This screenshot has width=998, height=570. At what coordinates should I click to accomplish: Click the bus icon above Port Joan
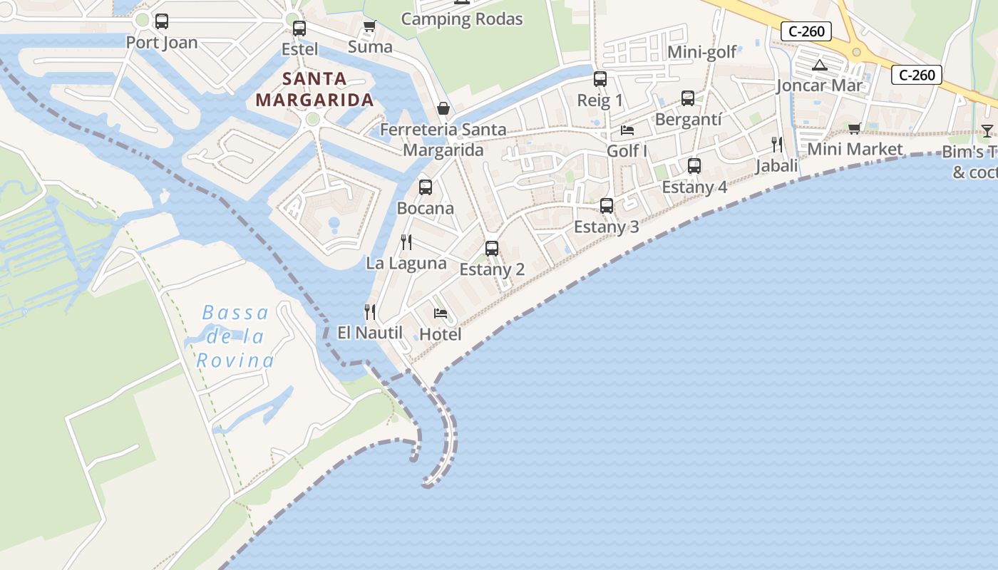[x=162, y=21]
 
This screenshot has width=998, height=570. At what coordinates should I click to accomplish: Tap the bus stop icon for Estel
[x=299, y=28]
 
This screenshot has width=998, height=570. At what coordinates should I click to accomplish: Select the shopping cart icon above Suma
[x=369, y=26]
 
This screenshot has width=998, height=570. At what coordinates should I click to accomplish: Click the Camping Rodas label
[x=462, y=19]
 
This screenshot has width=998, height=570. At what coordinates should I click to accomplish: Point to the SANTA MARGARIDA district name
[x=314, y=89]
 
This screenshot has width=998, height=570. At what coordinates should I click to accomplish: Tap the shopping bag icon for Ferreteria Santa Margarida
[x=443, y=108]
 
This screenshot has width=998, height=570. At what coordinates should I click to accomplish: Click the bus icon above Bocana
[x=426, y=187]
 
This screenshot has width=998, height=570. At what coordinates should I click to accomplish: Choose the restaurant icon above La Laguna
[x=406, y=242]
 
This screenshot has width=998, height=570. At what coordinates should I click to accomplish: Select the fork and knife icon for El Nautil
[x=370, y=312]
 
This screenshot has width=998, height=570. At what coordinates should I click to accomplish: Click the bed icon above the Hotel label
[x=441, y=313]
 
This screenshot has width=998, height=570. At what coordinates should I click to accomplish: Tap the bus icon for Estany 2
[x=492, y=249]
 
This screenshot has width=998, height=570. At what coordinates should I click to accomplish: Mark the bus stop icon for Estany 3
[x=607, y=206]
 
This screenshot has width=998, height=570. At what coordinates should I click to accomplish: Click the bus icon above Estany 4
[x=694, y=166]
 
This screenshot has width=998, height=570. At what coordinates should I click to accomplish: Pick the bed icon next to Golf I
[x=627, y=130]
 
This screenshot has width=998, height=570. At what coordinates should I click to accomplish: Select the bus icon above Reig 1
[x=600, y=79]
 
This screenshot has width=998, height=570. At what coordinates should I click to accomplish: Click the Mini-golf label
[x=701, y=52]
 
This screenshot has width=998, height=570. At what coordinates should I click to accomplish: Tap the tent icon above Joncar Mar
[x=820, y=66]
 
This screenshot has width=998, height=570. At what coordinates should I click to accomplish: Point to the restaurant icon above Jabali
[x=777, y=145]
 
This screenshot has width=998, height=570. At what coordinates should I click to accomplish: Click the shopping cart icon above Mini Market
[x=855, y=128]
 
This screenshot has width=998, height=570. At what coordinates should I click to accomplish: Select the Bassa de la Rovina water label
[x=235, y=336]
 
